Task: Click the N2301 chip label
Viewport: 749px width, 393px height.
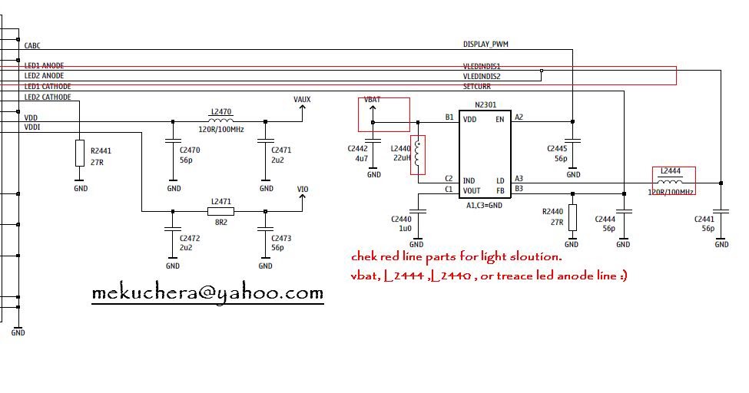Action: point(485,105)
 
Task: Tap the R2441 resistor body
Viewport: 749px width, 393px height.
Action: point(80,154)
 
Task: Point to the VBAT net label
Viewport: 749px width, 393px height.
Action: point(372,101)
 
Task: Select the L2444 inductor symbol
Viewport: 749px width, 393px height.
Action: point(672,182)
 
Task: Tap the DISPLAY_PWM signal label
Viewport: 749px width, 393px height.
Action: point(486,45)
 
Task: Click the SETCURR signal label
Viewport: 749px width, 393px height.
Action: point(476,87)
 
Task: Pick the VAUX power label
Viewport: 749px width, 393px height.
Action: point(302,99)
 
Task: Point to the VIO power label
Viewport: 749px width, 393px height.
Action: point(303,188)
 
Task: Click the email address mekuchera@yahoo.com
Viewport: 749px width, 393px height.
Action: point(207,293)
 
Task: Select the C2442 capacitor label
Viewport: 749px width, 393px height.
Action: point(358,149)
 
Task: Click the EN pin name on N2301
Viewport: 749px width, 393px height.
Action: point(500,119)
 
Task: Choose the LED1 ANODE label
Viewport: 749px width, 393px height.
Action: point(44,66)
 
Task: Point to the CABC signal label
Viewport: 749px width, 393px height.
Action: point(33,46)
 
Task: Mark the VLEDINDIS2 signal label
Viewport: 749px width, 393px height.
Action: point(482,77)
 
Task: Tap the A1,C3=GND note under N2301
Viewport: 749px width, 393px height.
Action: point(484,205)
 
